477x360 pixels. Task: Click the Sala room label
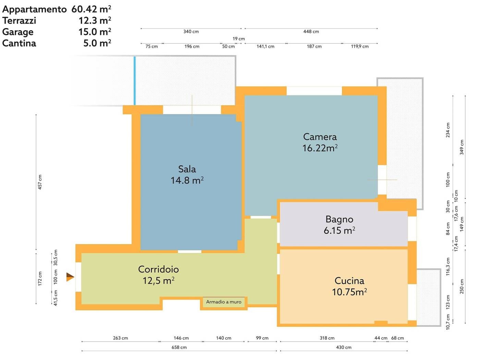[x=187, y=169]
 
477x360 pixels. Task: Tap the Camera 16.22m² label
[x=320, y=142]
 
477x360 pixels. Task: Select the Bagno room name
[x=339, y=219]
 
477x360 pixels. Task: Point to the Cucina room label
[x=349, y=281]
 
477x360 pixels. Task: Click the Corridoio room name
[x=158, y=269]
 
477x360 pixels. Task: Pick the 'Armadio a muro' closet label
[x=224, y=302]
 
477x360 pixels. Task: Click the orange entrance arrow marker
[x=70, y=277]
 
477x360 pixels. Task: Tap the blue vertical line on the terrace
[x=135, y=81]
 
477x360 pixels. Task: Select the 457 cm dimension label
[x=40, y=182]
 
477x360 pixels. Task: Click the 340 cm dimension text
[x=191, y=32]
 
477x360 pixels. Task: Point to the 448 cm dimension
[x=311, y=32]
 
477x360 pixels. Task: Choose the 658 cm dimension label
[x=179, y=347]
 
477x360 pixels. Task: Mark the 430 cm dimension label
[x=344, y=347]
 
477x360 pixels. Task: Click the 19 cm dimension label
[x=238, y=39]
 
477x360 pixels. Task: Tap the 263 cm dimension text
[x=120, y=338]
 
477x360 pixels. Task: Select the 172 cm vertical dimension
[x=40, y=279]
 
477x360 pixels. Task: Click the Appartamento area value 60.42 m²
[x=91, y=9]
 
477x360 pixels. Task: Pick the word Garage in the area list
[x=18, y=32]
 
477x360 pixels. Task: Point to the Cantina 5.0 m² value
[x=97, y=43]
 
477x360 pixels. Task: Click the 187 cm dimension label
[x=314, y=46]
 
